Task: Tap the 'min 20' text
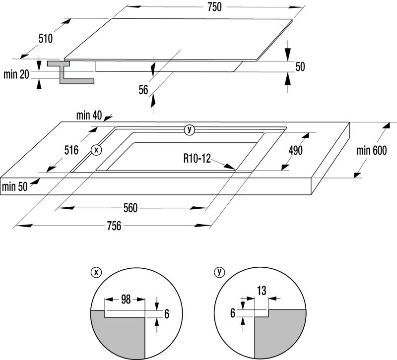(16, 75)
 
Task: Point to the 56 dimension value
(143, 90)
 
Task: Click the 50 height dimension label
(300, 67)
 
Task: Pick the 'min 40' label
(89, 116)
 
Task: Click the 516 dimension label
(71, 150)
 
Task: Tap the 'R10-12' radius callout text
(196, 159)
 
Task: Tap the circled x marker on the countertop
(96, 149)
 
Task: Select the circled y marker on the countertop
(189, 130)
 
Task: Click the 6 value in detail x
(167, 313)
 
